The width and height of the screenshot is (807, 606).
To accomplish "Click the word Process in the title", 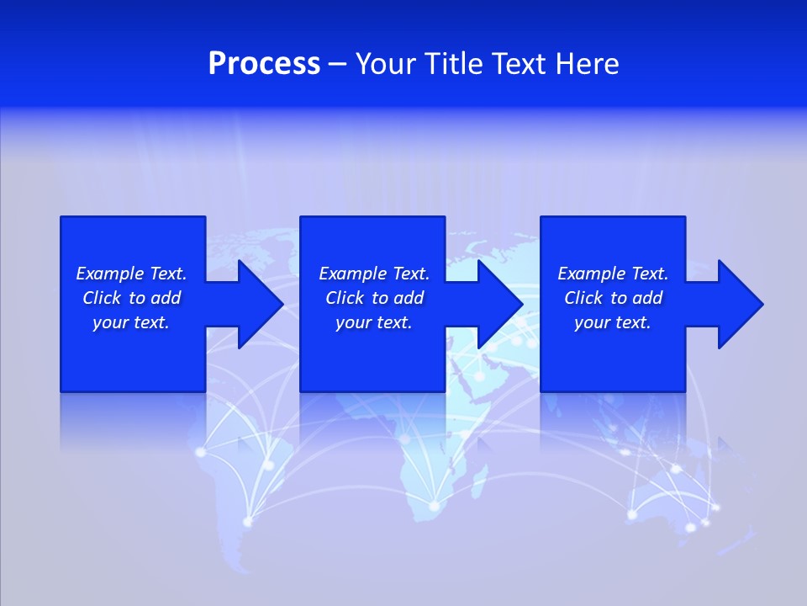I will pyautogui.click(x=264, y=64).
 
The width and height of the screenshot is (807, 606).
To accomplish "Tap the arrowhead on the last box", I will pyautogui.click(x=739, y=304).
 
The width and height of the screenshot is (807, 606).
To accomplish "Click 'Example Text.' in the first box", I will pyautogui.click(x=131, y=274).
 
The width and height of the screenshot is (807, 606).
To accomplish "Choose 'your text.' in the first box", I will pyautogui.click(x=131, y=322).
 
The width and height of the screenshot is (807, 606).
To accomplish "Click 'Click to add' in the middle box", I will pyautogui.click(x=374, y=298).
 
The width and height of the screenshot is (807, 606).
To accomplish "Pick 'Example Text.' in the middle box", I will pyautogui.click(x=374, y=274).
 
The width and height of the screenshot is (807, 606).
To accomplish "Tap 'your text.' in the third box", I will pyautogui.click(x=613, y=322).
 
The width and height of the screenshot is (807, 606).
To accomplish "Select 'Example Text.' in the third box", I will pyautogui.click(x=613, y=274).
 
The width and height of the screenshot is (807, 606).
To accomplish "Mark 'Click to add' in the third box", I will pyautogui.click(x=613, y=298).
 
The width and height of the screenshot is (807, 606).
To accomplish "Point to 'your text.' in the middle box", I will pyautogui.click(x=374, y=322).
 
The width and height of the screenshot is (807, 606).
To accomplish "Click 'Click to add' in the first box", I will pyautogui.click(x=131, y=298).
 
